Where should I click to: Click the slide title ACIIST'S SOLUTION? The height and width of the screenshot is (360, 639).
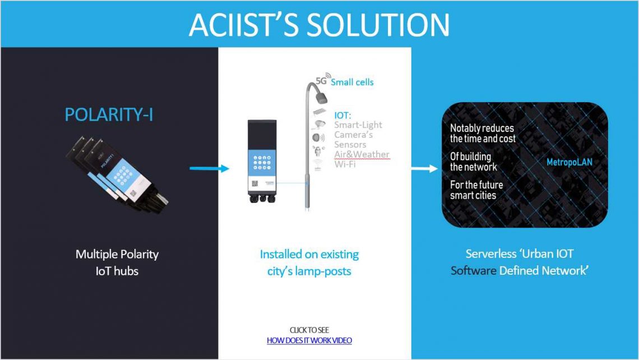point(319,25)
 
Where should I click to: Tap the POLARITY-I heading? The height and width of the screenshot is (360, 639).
point(109,114)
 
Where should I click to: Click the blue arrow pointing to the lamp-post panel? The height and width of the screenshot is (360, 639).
point(210,168)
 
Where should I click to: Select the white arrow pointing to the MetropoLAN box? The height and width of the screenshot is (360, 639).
point(425,168)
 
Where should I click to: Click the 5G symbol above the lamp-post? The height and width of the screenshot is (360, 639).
point(322,80)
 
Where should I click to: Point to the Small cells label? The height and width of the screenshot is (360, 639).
point(352,82)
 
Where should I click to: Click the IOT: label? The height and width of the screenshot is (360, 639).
point(342,116)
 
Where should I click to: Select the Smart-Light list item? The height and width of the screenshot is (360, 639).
point(358,124)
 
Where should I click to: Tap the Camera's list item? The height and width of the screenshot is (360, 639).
point(353,135)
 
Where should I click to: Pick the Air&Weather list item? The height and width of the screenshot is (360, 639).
point(362,154)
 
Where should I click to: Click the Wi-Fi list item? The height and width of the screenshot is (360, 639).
point(345,164)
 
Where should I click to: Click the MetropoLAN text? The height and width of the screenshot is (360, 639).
point(569,162)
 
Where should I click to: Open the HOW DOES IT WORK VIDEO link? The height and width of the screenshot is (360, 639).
point(309,340)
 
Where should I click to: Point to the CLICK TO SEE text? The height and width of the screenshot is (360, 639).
point(309,330)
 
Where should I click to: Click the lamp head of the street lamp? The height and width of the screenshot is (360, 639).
point(322,98)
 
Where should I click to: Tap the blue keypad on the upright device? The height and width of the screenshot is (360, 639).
point(262,162)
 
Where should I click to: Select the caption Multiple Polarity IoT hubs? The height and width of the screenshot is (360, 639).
point(117,262)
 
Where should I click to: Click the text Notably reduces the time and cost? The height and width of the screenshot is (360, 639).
point(483,133)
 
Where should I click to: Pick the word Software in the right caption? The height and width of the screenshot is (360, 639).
point(474,271)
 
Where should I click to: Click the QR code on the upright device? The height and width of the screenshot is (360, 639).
point(255,183)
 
